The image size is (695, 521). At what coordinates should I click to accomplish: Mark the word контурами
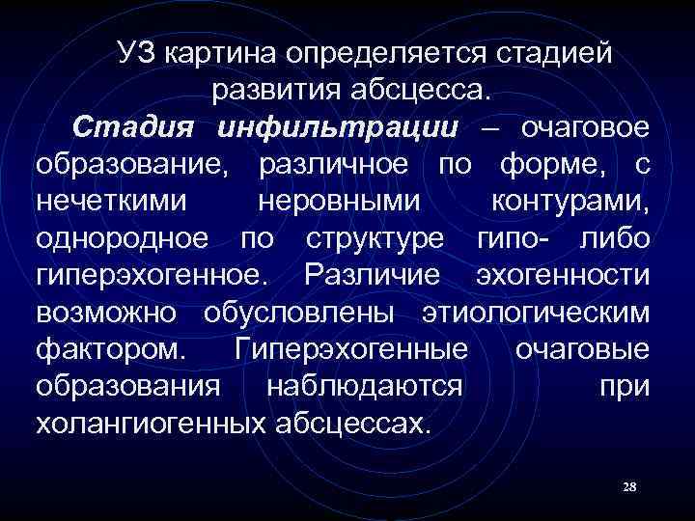(x=571, y=202)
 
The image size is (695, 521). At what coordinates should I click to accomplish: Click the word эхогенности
(x=563, y=275)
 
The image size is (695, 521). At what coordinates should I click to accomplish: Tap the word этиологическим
(x=536, y=313)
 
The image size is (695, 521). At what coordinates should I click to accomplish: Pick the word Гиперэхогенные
(x=352, y=348)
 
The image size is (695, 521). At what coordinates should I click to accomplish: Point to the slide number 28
(x=629, y=487)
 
